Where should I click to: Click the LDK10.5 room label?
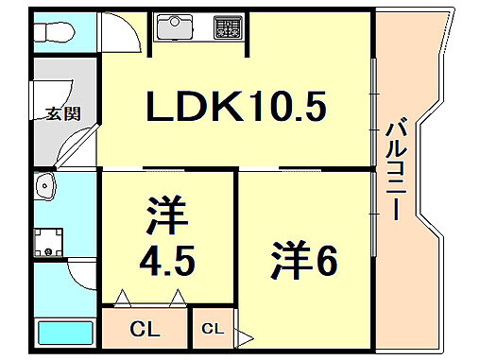point(235,107)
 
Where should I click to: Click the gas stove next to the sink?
point(226,27)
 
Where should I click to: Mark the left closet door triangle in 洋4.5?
point(122,299)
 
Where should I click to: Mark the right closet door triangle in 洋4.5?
point(177,299)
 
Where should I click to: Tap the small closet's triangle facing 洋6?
point(243,335)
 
